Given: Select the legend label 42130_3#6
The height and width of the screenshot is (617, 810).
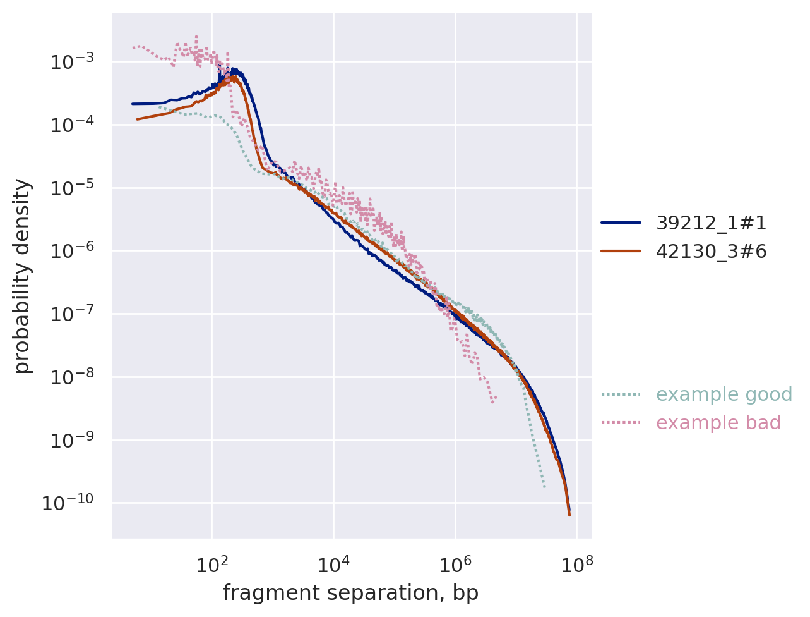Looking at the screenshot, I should pos(712,252).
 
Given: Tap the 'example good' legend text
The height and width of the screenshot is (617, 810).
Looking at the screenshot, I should pos(724,394).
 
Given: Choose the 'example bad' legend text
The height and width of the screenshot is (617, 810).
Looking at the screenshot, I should pos(718,423).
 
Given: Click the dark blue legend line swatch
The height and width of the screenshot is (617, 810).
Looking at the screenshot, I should pos(621,223).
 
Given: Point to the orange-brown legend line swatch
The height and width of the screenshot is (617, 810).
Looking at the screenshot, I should pos(621,252).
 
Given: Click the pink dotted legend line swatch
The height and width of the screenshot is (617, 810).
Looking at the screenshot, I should pos(621,422).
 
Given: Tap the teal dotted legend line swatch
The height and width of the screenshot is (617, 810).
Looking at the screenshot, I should pos(621,394).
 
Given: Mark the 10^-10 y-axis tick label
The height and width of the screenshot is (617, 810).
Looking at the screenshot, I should pos(68,503).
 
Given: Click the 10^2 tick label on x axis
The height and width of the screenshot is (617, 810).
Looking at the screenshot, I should pos(211,564).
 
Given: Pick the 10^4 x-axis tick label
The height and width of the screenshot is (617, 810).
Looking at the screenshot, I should pos(333,564).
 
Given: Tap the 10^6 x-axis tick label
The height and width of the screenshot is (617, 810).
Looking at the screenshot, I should pos(455,564).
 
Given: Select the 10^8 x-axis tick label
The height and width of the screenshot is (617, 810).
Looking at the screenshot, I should pos(577,564).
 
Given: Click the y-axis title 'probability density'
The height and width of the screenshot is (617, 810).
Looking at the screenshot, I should pos(23,276).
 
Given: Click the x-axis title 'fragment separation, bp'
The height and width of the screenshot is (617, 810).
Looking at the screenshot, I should pos(350,594).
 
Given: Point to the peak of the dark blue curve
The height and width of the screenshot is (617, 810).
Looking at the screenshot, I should pos(234,69).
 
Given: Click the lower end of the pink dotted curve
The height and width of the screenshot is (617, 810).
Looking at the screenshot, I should pos(493,401).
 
